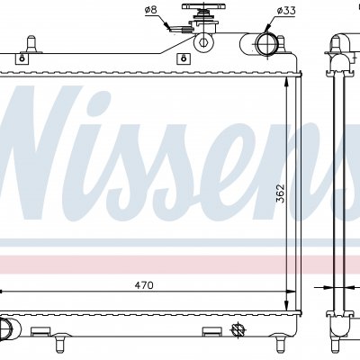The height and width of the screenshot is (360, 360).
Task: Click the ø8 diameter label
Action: [x=150, y=10]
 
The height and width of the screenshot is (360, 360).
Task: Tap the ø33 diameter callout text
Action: [x=286, y=11]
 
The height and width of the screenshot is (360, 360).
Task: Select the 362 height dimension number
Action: [x=280, y=193]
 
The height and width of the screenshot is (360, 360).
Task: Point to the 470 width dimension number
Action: [x=144, y=285]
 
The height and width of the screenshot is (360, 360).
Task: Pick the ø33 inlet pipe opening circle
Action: [x=265, y=44]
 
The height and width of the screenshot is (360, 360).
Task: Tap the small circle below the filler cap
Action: [x=203, y=42]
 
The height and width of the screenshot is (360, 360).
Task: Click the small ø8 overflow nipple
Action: [x=179, y=30]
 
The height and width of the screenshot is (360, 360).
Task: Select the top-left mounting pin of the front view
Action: [x=31, y=44]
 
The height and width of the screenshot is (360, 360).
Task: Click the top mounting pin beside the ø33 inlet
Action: [x=281, y=43]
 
